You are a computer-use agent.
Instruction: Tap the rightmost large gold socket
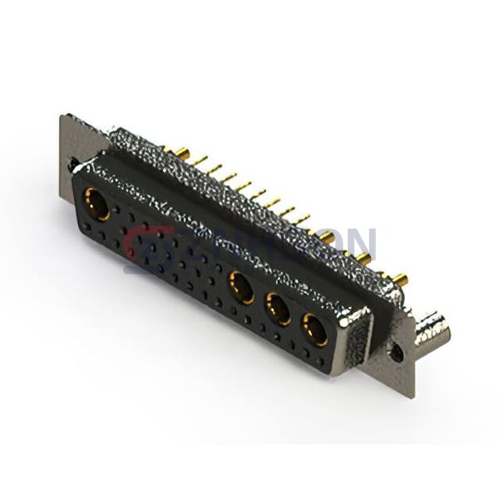click(314, 329)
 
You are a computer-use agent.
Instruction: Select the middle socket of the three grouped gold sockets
click(278, 310)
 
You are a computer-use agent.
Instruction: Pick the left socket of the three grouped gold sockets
click(241, 288)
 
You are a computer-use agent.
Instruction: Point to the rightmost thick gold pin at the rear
click(400, 279)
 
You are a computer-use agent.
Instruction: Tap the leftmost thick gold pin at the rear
click(177, 151)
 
